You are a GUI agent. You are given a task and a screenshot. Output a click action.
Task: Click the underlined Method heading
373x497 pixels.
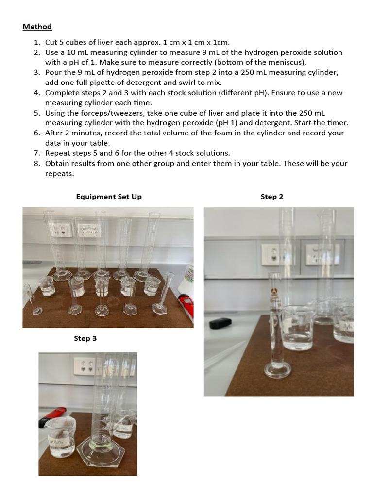pos(37,27)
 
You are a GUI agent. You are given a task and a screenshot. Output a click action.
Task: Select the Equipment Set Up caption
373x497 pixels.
pos(109,197)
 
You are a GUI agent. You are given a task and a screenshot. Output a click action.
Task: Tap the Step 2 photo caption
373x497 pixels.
pos(271,197)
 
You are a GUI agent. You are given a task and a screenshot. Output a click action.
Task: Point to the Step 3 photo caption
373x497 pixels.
pos(85,338)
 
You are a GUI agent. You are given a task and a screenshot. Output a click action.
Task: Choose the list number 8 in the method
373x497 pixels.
pos(36,164)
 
